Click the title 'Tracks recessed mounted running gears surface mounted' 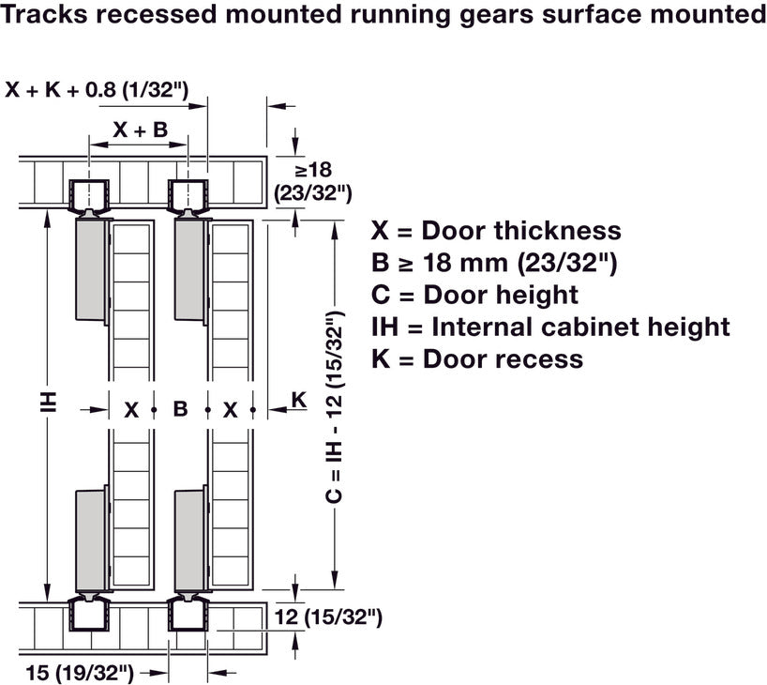[383, 16]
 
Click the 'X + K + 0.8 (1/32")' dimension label [98, 91]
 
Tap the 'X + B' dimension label [141, 130]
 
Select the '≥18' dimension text [312, 170]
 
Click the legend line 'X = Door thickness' [496, 231]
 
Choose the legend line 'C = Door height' [474, 295]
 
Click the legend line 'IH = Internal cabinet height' [550, 327]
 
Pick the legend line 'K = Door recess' [477, 358]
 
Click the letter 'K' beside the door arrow [298, 399]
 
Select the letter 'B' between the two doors [181, 409]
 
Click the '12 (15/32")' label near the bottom [330, 616]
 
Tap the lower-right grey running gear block [188, 541]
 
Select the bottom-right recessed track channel [188, 616]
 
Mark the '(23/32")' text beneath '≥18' [313, 192]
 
